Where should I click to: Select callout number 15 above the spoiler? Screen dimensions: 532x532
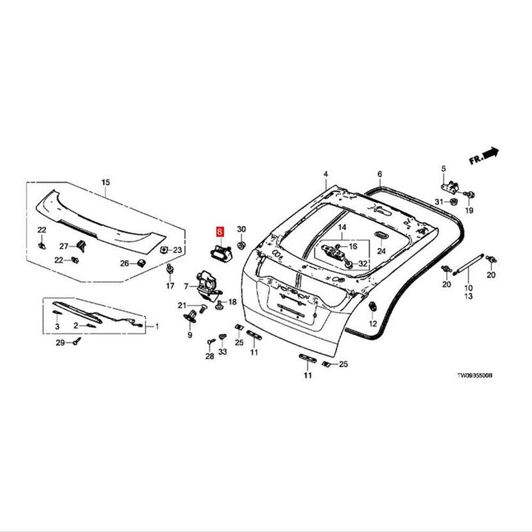[x=105, y=182]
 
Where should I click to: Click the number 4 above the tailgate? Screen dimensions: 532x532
[x=326, y=174]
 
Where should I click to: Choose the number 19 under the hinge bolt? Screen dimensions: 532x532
[x=468, y=210]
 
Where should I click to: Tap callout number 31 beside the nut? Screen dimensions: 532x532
[x=439, y=201]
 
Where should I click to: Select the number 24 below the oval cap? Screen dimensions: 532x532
[x=381, y=251]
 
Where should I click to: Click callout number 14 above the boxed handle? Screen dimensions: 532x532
[x=342, y=227]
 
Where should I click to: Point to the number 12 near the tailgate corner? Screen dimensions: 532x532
[x=373, y=323]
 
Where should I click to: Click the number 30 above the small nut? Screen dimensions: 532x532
[x=241, y=227]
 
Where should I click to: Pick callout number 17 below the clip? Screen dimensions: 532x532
[x=170, y=286]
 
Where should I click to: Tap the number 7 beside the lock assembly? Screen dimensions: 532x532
[x=187, y=286]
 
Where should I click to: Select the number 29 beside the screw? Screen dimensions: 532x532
[x=59, y=342]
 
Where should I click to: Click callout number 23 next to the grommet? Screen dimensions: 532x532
[x=177, y=250]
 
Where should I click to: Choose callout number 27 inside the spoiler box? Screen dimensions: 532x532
[x=64, y=245]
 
